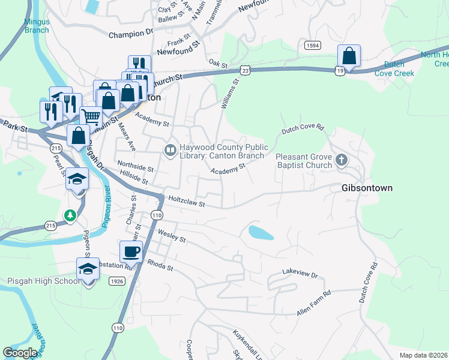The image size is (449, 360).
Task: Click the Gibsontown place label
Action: pyautogui.click(x=367, y=188)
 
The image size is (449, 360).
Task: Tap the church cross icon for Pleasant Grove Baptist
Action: pyautogui.click(x=342, y=160)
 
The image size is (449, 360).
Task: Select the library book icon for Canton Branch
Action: pyautogui.click(x=170, y=149)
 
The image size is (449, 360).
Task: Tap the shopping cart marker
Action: pyautogui.click(x=90, y=116)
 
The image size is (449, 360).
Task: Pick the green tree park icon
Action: pyautogui.click(x=70, y=214)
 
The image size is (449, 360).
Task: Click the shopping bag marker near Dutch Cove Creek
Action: pyautogui.click(x=348, y=56)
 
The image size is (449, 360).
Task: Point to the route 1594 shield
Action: pyautogui.click(x=312, y=46)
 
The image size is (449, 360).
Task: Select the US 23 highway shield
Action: pyautogui.click(x=245, y=70)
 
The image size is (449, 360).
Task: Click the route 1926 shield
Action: pyautogui.click(x=117, y=281)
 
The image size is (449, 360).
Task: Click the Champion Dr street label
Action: pyautogui.click(x=131, y=35)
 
